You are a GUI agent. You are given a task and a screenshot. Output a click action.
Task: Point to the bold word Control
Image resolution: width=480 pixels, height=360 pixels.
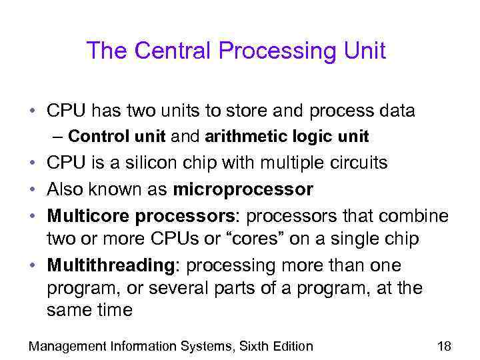pos(93,137)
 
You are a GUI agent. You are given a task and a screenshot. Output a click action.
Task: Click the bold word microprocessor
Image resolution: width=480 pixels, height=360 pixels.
pos(243,190)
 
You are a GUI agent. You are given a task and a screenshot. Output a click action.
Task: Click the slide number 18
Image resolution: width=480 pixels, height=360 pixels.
pos(443,345)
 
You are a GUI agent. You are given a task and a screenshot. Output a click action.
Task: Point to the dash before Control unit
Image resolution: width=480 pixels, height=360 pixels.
pos(58,137)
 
